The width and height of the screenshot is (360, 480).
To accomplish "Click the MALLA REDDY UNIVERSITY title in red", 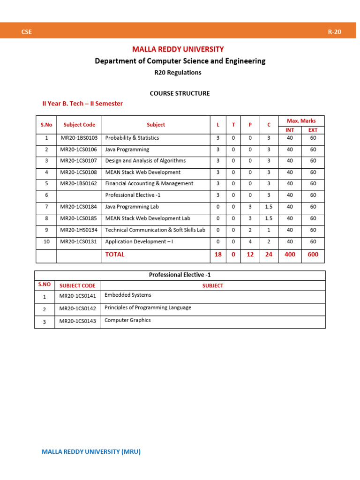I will [178, 49].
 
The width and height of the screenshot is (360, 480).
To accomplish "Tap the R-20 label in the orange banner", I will [334, 32].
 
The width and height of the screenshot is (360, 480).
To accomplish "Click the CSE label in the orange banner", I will [26, 32].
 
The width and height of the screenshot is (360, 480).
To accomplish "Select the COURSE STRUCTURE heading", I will [180, 93].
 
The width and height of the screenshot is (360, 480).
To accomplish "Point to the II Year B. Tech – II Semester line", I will [82, 104].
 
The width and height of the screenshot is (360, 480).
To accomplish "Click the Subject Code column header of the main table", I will [79, 125].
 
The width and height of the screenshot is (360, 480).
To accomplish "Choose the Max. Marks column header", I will [301, 121].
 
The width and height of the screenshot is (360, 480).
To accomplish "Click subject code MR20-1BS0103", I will [79, 138].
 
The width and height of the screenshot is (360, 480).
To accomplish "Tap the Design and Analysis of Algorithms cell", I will [145, 161].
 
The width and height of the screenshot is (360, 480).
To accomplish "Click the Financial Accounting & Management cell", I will [149, 184].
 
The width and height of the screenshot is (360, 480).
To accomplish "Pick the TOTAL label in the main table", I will [115, 255].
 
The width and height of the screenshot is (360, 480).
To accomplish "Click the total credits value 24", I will [269, 255].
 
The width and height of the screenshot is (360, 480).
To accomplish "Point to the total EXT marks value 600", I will [313, 255].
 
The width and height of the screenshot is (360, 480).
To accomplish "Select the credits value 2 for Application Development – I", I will [269, 242].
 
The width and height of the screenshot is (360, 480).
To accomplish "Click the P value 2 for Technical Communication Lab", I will [250, 230].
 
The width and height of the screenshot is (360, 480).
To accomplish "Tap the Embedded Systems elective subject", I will [128, 295].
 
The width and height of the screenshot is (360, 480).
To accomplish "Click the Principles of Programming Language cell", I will [148, 308].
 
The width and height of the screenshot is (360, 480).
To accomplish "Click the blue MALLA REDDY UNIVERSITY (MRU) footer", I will [91, 452].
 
